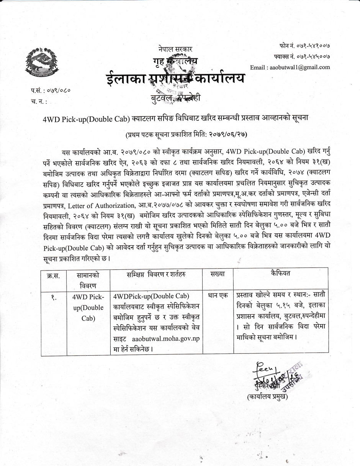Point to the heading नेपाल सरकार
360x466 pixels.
click(x=175, y=49)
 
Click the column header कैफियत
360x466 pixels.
click(x=280, y=274)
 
